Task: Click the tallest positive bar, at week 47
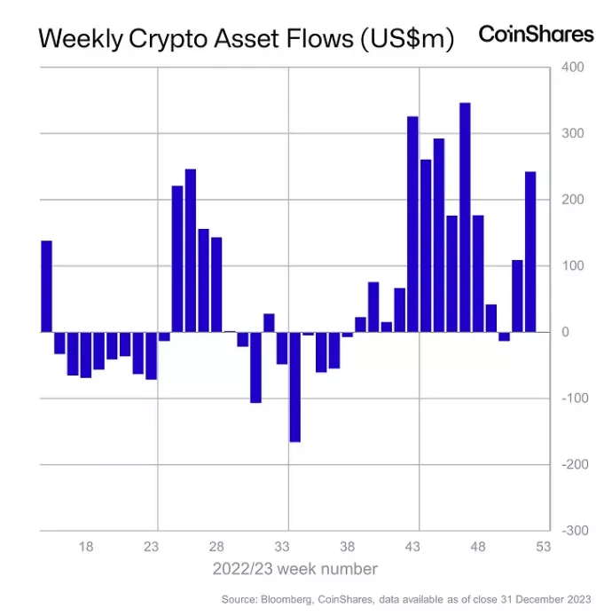465,217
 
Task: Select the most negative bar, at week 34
294,387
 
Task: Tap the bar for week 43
412,225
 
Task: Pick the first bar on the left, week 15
47,287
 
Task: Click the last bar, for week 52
530,252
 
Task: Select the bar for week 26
190,250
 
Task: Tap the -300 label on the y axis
572,531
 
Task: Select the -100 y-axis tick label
572,399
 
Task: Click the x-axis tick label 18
86,547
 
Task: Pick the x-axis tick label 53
544,547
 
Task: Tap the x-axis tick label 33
282,547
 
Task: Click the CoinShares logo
536,34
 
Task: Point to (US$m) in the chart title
406,41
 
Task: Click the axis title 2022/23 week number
294,569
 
